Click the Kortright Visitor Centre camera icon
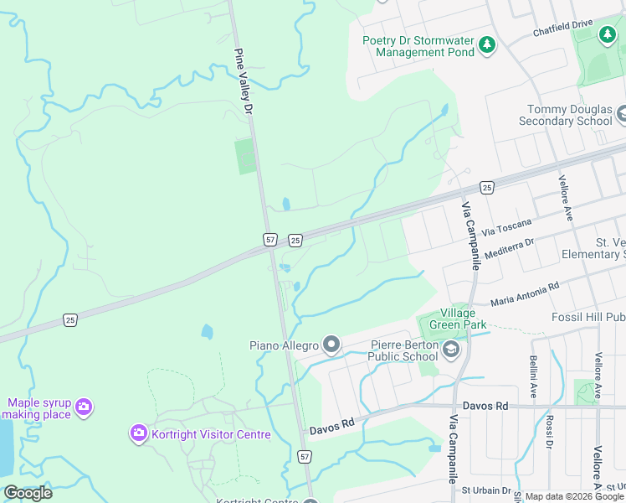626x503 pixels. coord(138,433)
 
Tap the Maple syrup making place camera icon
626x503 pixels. coord(83,407)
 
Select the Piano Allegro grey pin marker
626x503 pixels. coord(331,345)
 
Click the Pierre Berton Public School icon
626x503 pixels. coord(451,350)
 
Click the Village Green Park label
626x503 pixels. coord(452,318)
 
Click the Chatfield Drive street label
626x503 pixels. coord(562,29)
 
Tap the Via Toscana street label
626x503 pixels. coord(508,229)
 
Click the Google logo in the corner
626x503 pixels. coord(28,493)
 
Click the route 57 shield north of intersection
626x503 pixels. coord(269,240)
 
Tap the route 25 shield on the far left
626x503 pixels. coord(70,319)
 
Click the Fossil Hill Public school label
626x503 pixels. coord(588,318)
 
